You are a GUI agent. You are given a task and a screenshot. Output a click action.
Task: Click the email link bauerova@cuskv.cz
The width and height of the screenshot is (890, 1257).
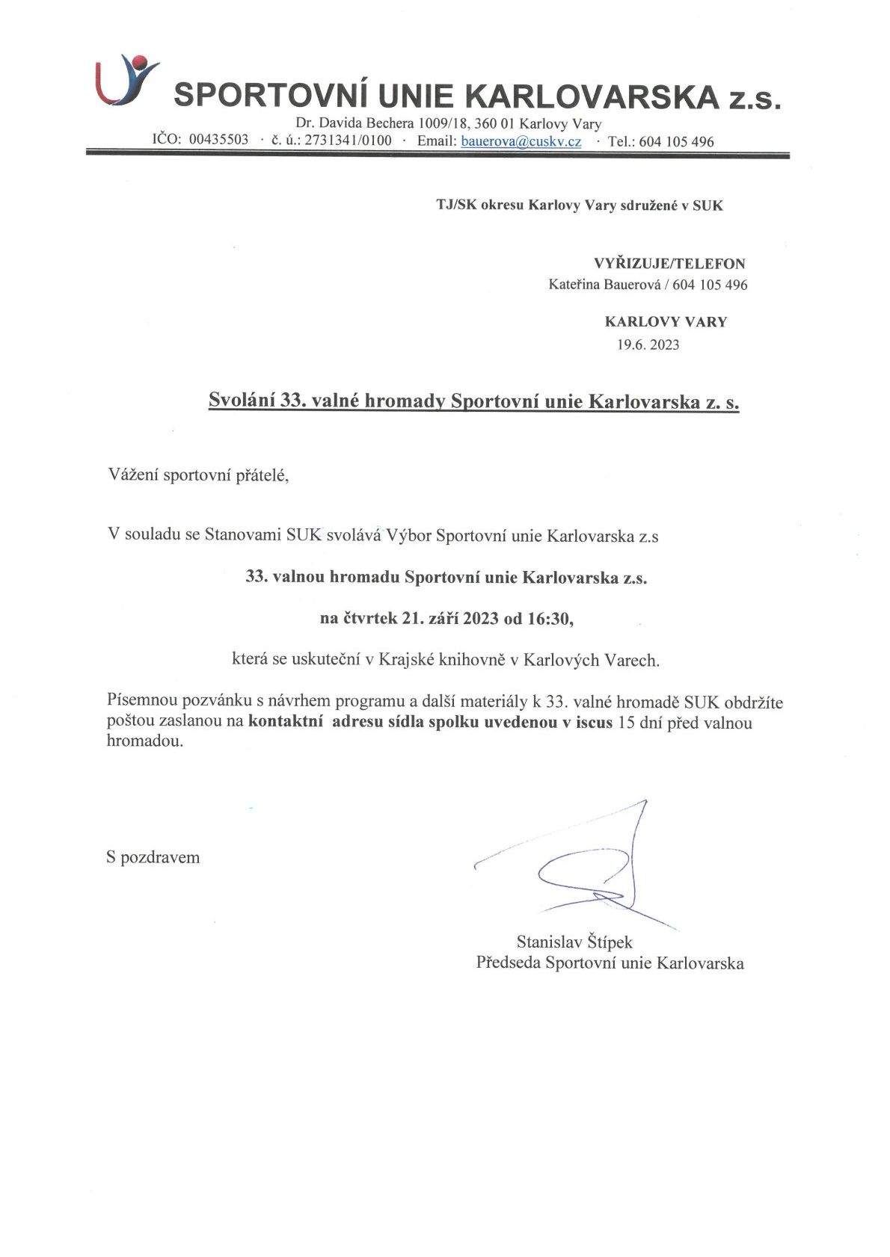(521, 141)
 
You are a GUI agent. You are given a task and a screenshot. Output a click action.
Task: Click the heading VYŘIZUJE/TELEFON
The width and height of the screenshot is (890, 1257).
(669, 264)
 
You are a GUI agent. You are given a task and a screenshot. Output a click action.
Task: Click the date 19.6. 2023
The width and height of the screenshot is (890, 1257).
(648, 345)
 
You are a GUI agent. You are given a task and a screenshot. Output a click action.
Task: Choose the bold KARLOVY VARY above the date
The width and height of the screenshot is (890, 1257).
(666, 322)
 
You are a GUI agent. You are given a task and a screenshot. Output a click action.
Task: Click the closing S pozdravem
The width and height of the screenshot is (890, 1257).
(153, 857)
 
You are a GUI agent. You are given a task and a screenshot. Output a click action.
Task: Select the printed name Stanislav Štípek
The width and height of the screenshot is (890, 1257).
(574, 942)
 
